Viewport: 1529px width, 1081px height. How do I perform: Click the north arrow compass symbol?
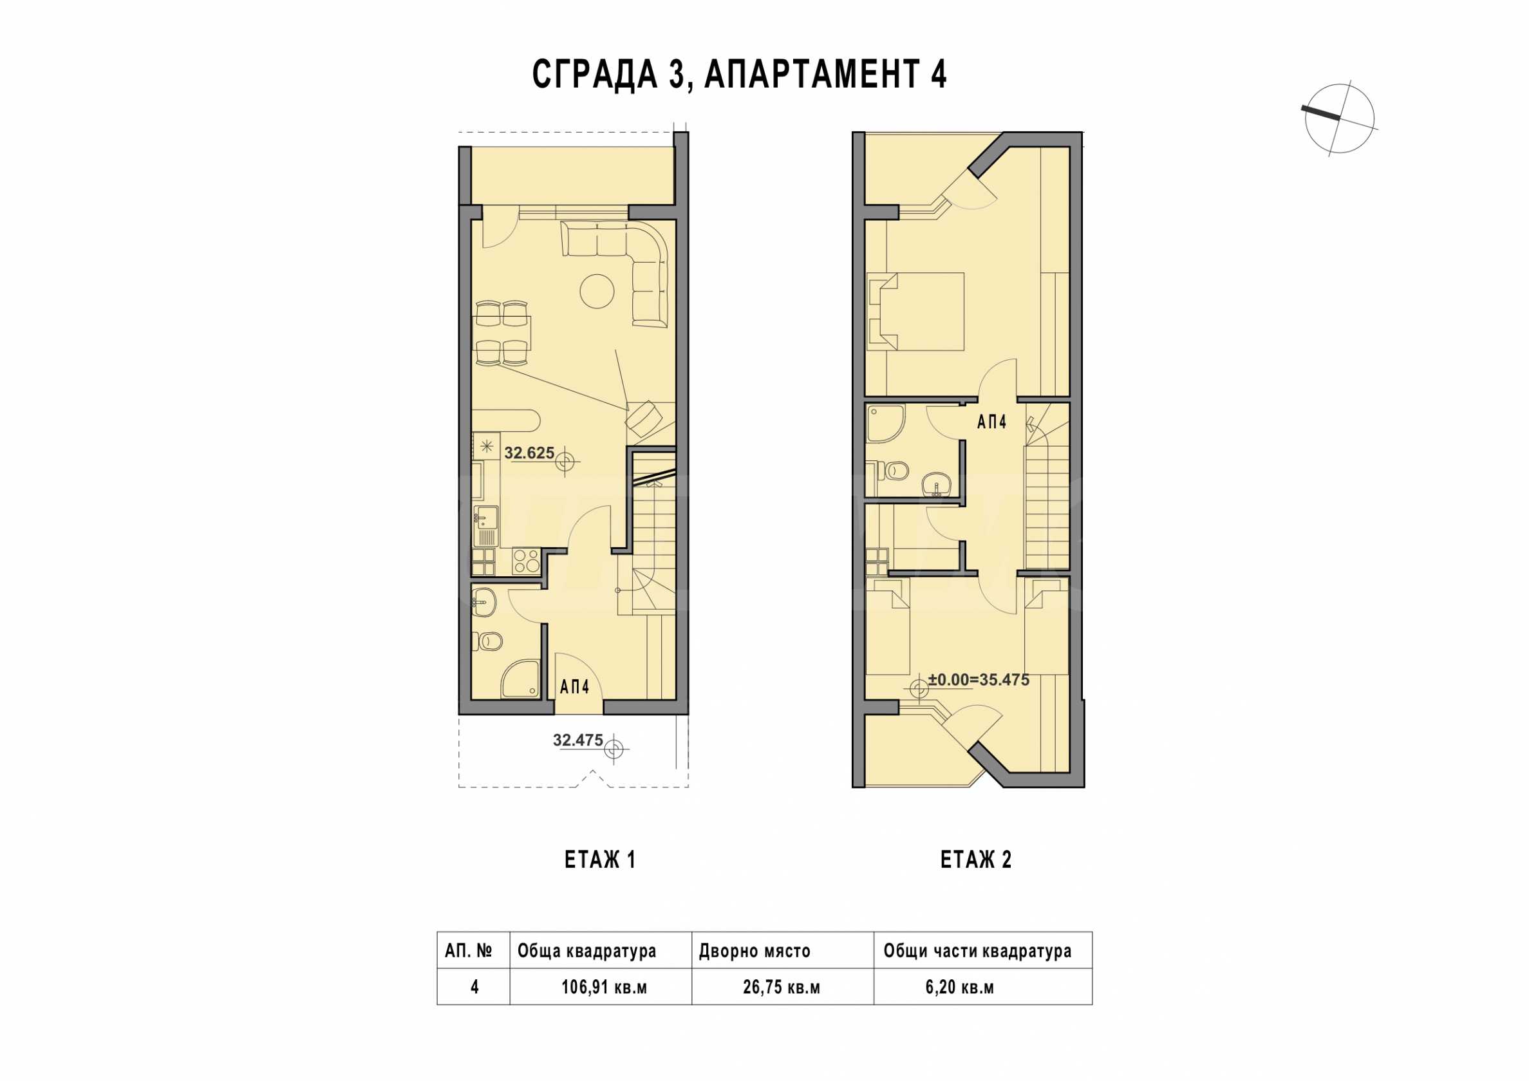(1339, 120)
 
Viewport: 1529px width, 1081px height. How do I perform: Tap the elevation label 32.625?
(529, 453)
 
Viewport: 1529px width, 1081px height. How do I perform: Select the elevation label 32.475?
(577, 740)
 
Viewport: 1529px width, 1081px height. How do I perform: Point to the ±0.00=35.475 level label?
(979, 680)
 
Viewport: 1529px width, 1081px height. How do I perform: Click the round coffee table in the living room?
(597, 290)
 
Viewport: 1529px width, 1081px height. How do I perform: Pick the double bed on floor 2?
(915, 311)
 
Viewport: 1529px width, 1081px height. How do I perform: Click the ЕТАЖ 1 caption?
(600, 860)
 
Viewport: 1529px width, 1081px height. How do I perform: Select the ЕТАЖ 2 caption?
(975, 860)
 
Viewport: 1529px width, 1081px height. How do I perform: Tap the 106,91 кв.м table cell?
(604, 986)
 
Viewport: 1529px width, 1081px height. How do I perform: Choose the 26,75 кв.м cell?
(781, 986)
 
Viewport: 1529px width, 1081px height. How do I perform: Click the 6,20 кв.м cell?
(960, 986)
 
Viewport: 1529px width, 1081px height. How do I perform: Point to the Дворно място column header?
(755, 951)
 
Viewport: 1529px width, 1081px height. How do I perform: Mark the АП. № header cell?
(469, 950)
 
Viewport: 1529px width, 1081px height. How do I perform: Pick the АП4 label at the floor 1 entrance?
(574, 687)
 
